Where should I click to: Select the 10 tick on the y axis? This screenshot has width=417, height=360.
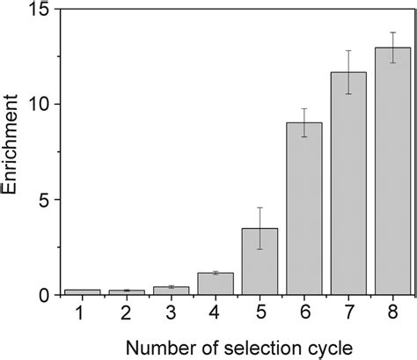(x=41, y=105)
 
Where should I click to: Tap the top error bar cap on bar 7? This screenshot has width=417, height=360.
(x=348, y=51)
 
